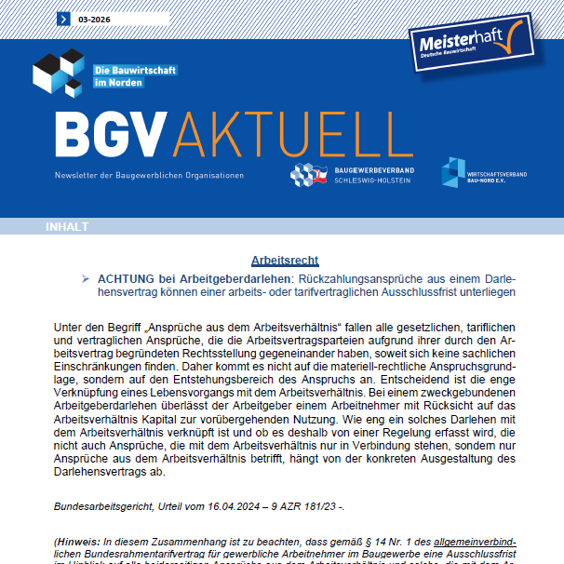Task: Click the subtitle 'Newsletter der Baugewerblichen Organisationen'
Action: point(150,176)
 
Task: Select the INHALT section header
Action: point(67,226)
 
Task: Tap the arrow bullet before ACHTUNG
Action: point(86,277)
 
